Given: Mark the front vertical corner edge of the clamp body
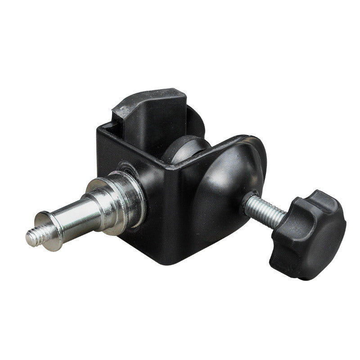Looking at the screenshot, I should click(178, 202).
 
